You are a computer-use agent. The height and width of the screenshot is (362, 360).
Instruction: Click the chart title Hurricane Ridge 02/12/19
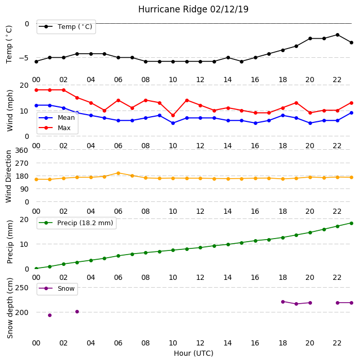[193, 9]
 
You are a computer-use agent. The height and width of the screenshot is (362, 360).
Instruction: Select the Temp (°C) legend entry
[66, 27]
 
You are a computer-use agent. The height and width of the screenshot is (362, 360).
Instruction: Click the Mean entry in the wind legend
[57, 118]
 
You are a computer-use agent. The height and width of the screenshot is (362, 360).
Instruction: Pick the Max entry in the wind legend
[55, 128]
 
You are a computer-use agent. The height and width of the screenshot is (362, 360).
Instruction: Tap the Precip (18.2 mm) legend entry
[76, 223]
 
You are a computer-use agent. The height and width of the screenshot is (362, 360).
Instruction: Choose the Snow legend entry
[57, 289]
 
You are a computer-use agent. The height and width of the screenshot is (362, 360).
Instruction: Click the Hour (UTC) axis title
[193, 353]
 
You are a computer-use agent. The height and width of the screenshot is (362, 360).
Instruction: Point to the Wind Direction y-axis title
[9, 177]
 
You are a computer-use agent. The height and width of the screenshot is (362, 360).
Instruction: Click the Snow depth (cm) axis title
[10, 308]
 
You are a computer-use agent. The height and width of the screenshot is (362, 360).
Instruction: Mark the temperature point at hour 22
[338, 35]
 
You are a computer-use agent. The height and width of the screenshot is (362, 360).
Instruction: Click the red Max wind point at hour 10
[173, 116]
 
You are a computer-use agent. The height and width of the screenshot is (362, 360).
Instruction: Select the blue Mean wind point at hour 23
[351, 113]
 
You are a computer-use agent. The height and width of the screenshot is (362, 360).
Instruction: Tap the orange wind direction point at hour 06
[118, 173]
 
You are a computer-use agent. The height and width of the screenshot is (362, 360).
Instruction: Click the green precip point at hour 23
[351, 223]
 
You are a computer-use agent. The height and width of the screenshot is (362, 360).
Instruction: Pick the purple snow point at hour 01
[50, 316]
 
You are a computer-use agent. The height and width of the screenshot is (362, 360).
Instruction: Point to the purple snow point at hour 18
[283, 302]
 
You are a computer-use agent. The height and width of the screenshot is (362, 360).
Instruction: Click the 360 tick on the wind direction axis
[22, 150]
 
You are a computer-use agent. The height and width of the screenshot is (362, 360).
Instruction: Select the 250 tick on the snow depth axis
[22, 288]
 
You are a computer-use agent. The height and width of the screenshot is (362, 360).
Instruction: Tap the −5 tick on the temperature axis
[24, 58]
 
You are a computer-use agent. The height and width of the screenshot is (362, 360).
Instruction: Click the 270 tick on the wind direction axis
[22, 164]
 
